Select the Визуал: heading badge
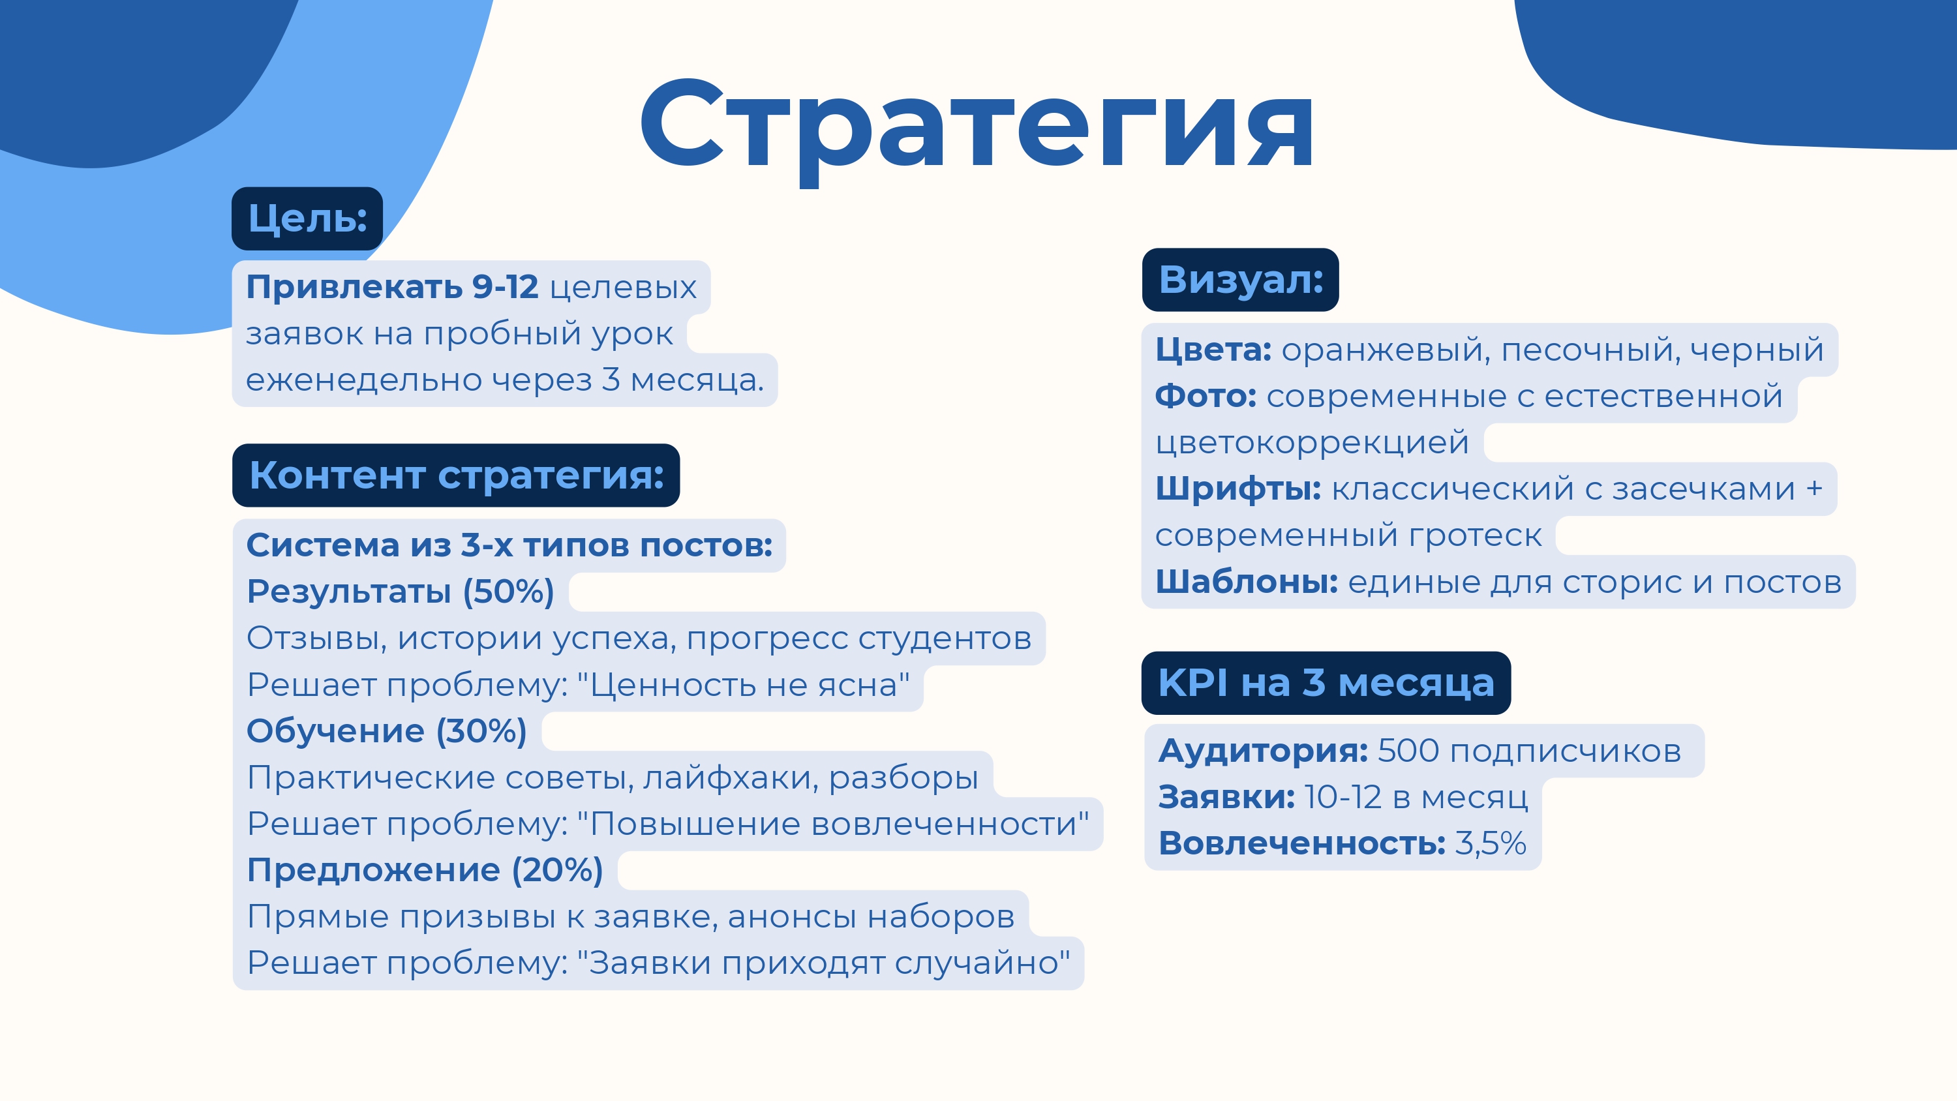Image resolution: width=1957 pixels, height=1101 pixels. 1240,280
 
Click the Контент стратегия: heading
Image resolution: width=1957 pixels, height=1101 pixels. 456,475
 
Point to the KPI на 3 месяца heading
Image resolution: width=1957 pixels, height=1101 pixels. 1326,683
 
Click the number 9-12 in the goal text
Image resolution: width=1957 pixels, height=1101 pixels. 505,287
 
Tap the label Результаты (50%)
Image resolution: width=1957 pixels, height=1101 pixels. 401,592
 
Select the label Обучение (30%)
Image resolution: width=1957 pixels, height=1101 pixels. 387,731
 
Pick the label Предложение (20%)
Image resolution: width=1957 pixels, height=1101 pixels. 425,870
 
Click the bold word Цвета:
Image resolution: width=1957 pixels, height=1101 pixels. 1213,350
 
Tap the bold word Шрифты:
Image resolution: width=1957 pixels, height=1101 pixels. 1238,489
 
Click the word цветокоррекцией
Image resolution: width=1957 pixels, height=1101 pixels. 1312,443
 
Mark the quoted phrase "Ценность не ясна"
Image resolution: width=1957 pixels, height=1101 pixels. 743,686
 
